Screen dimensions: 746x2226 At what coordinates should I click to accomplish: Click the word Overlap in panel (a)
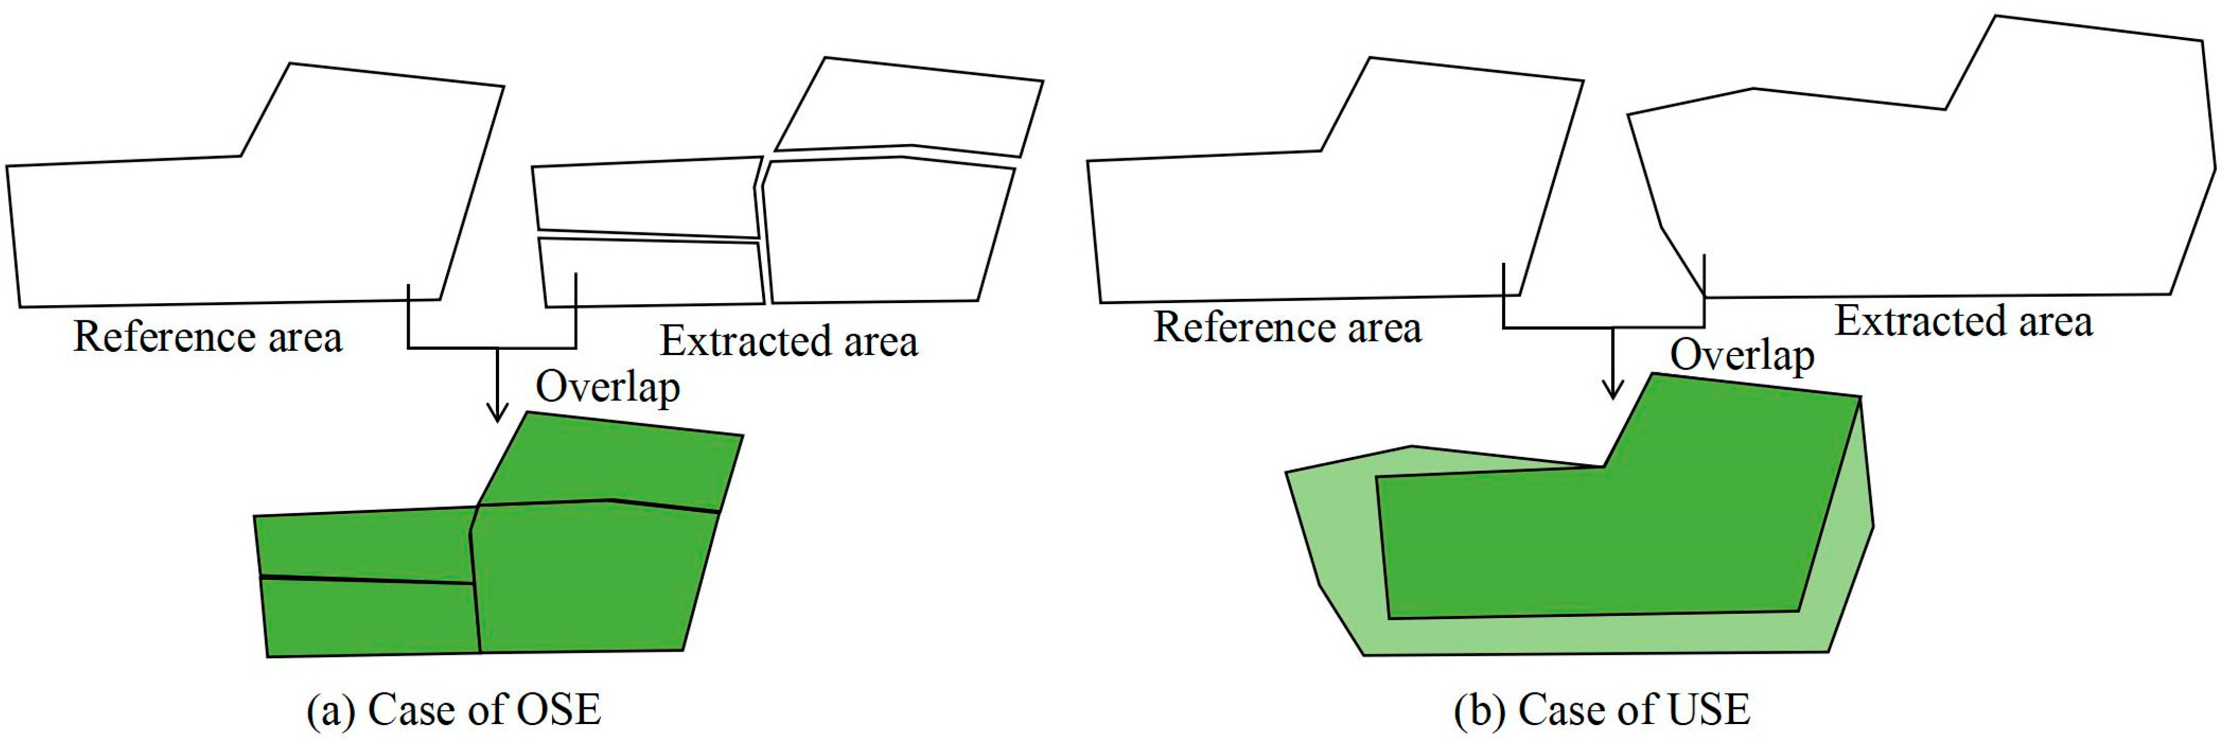click(607, 387)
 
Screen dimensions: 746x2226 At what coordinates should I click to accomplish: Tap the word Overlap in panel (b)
click(1741, 355)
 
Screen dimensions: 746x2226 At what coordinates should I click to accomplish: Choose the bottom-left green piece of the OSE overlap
click(370, 618)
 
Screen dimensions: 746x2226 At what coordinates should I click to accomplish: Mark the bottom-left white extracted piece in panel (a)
click(652, 275)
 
